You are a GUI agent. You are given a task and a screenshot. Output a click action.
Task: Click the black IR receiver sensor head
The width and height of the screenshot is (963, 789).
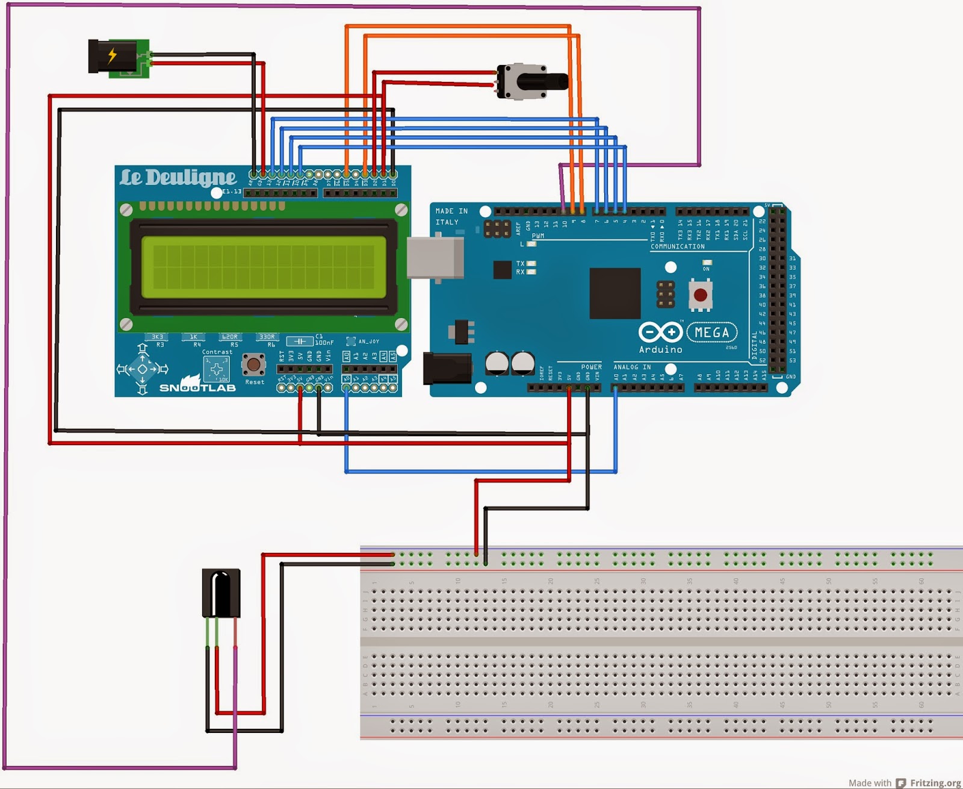(221, 593)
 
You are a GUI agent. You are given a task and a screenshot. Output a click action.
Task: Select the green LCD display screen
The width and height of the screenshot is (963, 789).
(263, 267)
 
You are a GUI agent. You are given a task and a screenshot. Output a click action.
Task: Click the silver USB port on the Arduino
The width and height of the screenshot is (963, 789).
(435, 258)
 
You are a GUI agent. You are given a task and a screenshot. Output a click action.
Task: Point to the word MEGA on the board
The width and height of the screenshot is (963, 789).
(711, 332)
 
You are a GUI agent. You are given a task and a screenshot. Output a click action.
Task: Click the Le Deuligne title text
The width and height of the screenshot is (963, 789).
(178, 178)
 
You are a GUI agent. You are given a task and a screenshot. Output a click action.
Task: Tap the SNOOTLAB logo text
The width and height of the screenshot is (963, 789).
(197, 387)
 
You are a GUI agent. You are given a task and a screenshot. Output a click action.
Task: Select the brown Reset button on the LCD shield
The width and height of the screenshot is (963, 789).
(253, 364)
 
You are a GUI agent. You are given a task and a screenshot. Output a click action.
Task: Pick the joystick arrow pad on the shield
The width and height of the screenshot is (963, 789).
(143, 369)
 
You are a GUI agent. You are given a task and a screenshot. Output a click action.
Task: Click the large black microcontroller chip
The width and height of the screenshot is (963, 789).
(615, 293)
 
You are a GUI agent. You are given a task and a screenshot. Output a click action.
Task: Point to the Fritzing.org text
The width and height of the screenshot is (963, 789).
(935, 782)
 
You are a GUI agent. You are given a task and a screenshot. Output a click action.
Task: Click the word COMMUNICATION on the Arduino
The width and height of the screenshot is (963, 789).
(677, 246)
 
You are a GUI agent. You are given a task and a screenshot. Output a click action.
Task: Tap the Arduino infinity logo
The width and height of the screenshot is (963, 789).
(660, 332)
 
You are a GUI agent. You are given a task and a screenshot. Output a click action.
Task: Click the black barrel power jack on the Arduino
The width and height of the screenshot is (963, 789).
(447, 368)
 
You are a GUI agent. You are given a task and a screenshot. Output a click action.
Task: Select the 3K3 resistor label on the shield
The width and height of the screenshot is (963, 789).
(158, 337)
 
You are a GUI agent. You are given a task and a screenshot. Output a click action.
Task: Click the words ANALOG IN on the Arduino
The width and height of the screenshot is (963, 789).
(631, 367)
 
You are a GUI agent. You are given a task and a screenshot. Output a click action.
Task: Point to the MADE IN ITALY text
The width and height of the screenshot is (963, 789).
(451, 216)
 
